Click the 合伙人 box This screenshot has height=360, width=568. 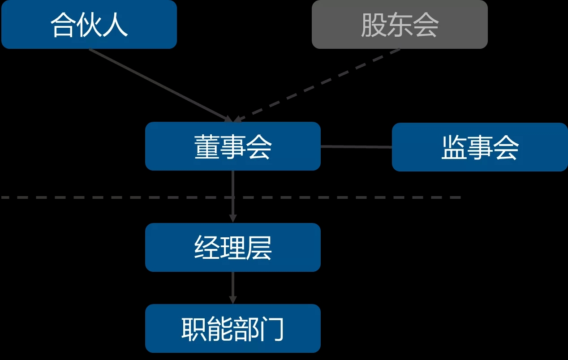tap(89, 24)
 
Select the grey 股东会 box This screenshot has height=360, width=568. tap(400, 24)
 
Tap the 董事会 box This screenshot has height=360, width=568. tap(232, 146)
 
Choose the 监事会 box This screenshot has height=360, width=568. tap(480, 147)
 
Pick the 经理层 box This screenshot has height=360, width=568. tap(232, 247)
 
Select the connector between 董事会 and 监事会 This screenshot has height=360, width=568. tap(356, 146)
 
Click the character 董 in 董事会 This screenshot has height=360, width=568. tap(207, 147)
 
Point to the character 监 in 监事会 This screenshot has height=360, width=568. tap(454, 148)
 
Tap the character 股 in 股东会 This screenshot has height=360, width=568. tap(374, 25)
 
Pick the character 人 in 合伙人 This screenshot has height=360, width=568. tap(115, 25)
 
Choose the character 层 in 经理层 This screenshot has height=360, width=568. tap(258, 248)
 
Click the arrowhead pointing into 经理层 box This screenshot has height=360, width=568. tap(232, 218)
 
